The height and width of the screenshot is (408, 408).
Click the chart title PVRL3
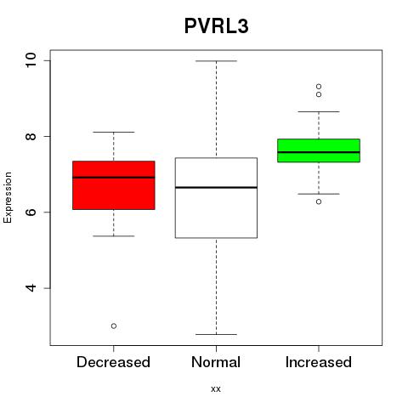217,26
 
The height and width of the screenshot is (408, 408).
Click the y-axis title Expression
8,197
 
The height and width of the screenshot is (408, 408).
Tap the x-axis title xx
216,389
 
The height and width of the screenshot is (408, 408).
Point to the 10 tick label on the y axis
31,60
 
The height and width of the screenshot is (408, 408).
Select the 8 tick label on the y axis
31,136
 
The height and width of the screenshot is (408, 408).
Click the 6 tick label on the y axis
31,212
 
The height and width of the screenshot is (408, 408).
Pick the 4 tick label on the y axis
31,288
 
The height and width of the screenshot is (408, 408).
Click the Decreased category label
113,362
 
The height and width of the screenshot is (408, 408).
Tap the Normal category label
216,362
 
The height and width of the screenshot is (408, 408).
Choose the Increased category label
319,362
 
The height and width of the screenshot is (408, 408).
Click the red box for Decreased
114,185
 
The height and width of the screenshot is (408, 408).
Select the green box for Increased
319,150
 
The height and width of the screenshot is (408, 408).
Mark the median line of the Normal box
216,187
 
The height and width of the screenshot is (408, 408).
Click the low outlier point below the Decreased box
114,326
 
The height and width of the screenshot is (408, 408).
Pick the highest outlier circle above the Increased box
319,87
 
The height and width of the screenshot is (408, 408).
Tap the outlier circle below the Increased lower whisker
319,201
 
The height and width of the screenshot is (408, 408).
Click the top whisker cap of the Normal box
216,61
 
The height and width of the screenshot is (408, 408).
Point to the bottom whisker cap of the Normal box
216,334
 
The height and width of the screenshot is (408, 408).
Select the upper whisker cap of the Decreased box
114,132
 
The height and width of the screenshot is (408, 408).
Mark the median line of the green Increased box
319,152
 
